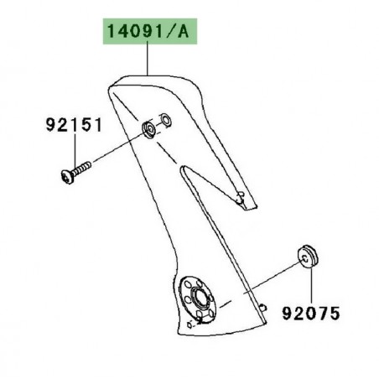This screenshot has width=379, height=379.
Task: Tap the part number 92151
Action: pos(73,127)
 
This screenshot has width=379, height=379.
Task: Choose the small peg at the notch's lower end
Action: pos(241,198)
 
